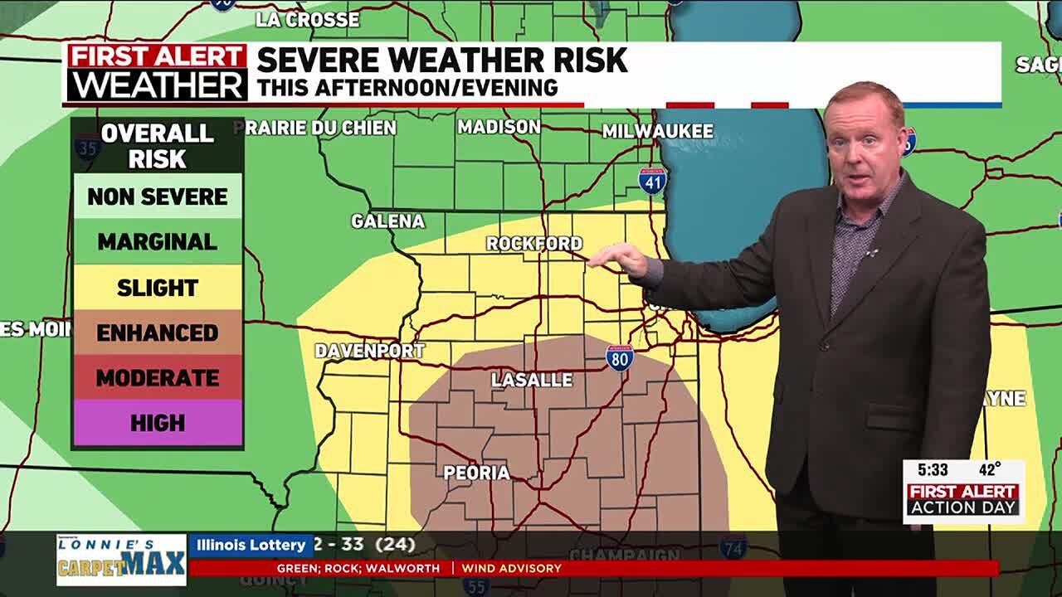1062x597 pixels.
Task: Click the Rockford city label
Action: pyautogui.click(x=534, y=244)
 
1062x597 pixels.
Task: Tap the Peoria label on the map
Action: pyautogui.click(x=476, y=473)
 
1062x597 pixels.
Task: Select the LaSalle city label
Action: pyautogui.click(x=532, y=380)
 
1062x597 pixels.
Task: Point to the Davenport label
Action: pyautogui.click(x=369, y=351)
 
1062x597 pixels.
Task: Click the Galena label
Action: pyautogui.click(x=387, y=221)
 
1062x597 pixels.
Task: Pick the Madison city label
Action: pyautogui.click(x=499, y=127)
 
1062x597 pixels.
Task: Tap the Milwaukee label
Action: pyautogui.click(x=658, y=131)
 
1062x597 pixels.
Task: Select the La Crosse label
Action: pyautogui.click(x=308, y=19)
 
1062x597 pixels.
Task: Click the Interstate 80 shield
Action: pyautogui.click(x=620, y=357)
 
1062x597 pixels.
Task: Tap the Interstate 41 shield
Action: pyautogui.click(x=653, y=180)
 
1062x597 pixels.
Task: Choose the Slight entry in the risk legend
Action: pyautogui.click(x=158, y=288)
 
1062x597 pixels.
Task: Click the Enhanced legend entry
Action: pyautogui.click(x=158, y=332)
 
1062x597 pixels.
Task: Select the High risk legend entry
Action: pyautogui.click(x=158, y=423)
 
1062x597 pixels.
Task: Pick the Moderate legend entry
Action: pyautogui.click(x=158, y=378)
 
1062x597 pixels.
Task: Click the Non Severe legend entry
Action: pyautogui.click(x=158, y=197)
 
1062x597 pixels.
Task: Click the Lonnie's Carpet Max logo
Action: pyautogui.click(x=121, y=560)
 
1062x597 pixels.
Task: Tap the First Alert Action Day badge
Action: pyautogui.click(x=963, y=499)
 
